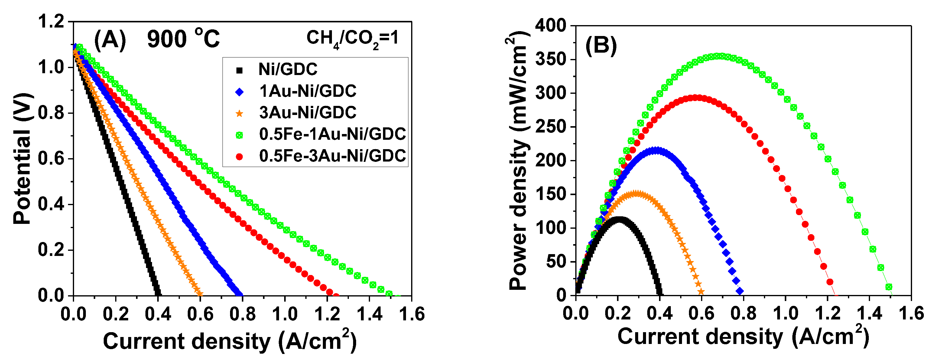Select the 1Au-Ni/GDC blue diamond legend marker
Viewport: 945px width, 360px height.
pyautogui.click(x=239, y=91)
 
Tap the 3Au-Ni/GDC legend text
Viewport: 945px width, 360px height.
pyautogui.click(x=307, y=112)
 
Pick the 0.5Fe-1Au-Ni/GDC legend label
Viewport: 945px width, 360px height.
pyautogui.click(x=332, y=134)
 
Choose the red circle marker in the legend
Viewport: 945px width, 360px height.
pyautogui.click(x=239, y=157)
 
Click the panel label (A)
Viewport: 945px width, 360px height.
pyautogui.click(x=110, y=39)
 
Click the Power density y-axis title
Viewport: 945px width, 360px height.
pyautogui.click(x=519, y=162)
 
